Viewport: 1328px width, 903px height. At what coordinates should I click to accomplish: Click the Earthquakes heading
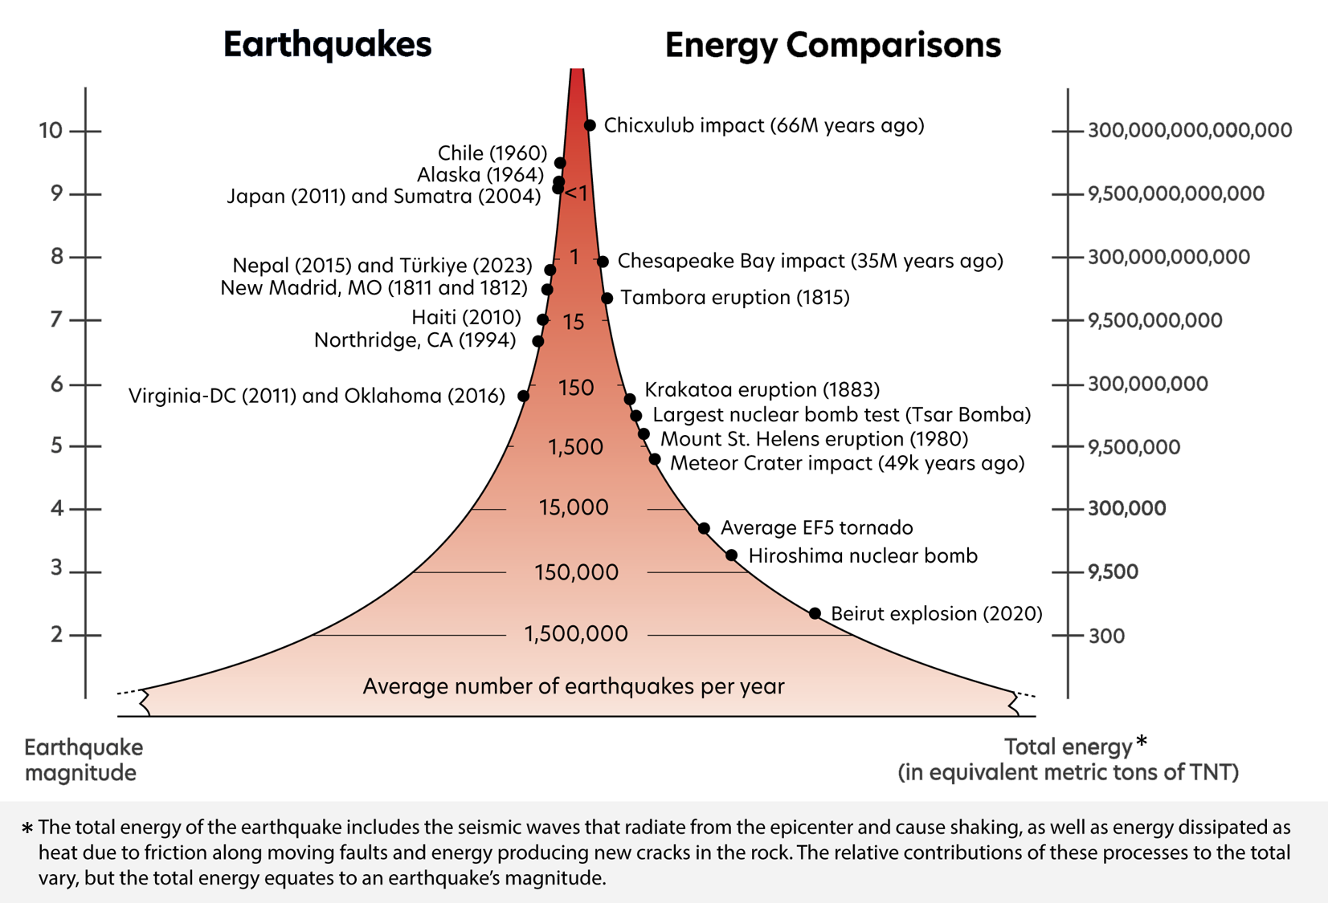tap(327, 45)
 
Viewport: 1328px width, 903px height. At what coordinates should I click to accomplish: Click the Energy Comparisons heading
tap(832, 45)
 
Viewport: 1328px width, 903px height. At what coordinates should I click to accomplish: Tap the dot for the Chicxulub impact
tap(590, 125)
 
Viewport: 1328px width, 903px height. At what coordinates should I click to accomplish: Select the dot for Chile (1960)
tap(560, 163)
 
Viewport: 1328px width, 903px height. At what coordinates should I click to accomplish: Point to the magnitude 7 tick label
tap(56, 319)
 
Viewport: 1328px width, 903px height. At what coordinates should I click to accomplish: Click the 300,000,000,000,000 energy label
tap(1189, 130)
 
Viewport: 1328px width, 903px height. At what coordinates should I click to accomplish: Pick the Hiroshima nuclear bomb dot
tap(731, 555)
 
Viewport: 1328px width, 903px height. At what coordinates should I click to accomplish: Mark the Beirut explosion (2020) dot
tap(815, 613)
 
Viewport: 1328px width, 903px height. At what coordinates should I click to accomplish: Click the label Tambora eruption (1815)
tap(735, 298)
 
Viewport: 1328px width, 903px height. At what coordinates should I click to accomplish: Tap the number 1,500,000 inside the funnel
tap(576, 634)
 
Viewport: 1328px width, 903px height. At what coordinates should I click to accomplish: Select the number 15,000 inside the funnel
tap(574, 507)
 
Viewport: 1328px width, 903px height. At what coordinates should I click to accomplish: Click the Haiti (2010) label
tap(466, 318)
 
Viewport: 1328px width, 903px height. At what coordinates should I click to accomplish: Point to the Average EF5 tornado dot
tap(704, 528)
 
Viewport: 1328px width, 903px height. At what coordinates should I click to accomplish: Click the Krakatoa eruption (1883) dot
tap(630, 399)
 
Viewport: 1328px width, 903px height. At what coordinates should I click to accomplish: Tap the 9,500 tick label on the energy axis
tap(1113, 571)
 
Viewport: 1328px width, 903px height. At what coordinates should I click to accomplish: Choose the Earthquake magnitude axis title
tap(83, 759)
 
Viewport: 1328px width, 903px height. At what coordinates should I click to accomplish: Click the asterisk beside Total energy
tap(1142, 742)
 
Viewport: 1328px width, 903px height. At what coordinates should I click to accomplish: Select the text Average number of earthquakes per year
tap(573, 686)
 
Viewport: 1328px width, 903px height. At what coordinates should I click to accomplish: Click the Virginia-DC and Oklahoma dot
tap(523, 396)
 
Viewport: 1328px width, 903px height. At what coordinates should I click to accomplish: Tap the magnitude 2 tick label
tap(56, 634)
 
